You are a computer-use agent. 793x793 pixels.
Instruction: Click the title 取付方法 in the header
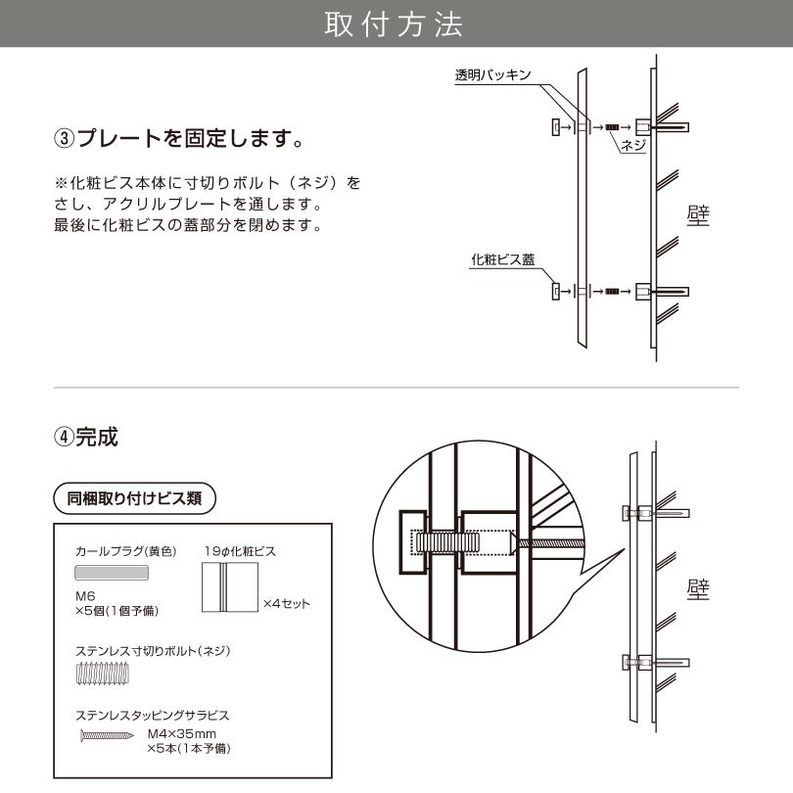[x=395, y=25]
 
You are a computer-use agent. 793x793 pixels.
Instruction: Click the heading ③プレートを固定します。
[x=177, y=138]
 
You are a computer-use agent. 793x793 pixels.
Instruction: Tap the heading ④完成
[x=86, y=437]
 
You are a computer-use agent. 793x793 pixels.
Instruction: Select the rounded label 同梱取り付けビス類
[x=134, y=497]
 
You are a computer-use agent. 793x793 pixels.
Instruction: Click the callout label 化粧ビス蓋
[x=502, y=259]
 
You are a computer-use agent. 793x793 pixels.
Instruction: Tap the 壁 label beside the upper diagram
[x=698, y=215]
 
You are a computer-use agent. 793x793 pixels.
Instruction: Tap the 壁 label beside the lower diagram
[x=698, y=588]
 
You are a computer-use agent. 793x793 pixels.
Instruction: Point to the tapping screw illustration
[x=106, y=734]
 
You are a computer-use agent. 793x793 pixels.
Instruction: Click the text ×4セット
[x=286, y=603]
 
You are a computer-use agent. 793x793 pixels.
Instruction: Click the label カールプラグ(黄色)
[x=124, y=551]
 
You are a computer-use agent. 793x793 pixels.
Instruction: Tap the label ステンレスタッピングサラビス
[x=152, y=715]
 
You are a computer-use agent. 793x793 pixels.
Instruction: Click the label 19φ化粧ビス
[x=240, y=551]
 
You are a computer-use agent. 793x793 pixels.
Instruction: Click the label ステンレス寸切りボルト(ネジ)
[x=152, y=650]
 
